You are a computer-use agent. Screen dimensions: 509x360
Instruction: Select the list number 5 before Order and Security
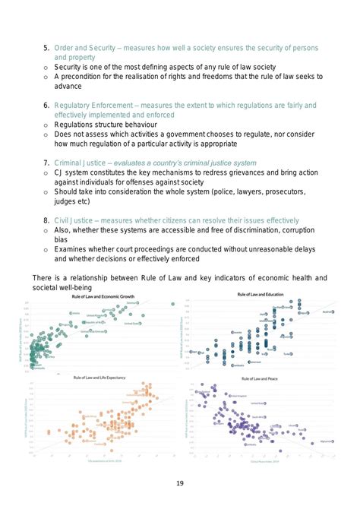click(x=46, y=48)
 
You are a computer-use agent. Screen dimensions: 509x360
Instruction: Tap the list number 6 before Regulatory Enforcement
click(x=46, y=105)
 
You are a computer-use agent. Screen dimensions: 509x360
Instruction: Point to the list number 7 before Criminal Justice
click(x=46, y=163)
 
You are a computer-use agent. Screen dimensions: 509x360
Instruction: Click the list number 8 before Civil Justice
click(x=46, y=220)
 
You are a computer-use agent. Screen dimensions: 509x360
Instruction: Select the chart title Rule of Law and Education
click(x=267, y=294)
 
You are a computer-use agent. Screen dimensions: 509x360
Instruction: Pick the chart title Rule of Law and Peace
click(x=263, y=378)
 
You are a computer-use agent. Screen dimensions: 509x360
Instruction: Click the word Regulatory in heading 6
click(x=77, y=105)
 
